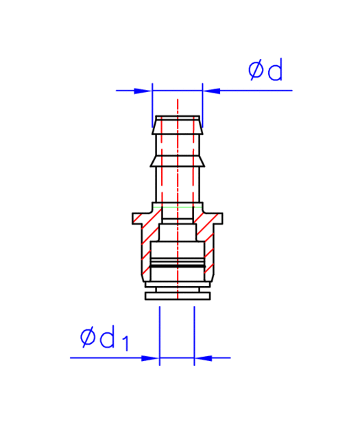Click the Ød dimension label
(265, 69)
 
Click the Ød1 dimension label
(104, 338)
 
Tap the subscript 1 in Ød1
(125, 343)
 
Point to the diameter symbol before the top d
(255, 70)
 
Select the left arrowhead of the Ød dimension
(143, 91)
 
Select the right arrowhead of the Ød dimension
(211, 91)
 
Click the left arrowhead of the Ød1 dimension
(150, 358)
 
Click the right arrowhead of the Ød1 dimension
(203, 358)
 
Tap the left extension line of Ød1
(160, 336)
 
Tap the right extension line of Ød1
(194, 336)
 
